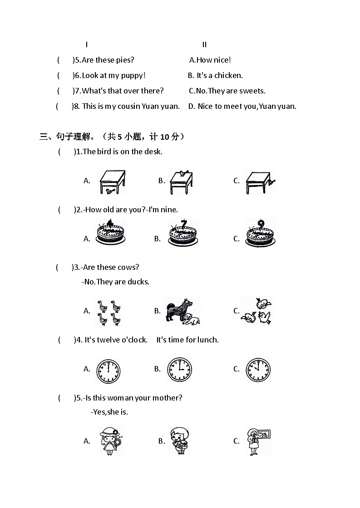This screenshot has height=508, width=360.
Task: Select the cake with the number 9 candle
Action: pyautogui.click(x=260, y=234)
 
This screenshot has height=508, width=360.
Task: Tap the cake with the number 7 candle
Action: pyautogui.click(x=183, y=234)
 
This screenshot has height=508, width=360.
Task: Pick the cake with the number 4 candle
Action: pyautogui.click(x=110, y=234)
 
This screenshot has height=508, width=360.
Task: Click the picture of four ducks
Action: pyautogui.click(x=109, y=312)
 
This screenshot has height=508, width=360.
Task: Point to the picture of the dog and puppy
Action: pyautogui.click(x=182, y=311)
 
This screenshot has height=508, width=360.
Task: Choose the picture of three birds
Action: pyautogui.click(x=256, y=311)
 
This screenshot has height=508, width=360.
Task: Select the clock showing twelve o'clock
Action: pyautogui.click(x=108, y=371)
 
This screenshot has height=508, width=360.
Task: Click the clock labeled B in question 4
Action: pyautogui.click(x=179, y=370)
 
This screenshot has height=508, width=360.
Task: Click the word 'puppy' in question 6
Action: pyautogui.click(x=132, y=76)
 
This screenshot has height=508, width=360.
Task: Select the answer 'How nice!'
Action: pyautogui.click(x=210, y=60)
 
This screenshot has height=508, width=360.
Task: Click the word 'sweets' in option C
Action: pyautogui.click(x=252, y=91)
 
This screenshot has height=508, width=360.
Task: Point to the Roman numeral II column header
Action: pyautogui.click(x=204, y=44)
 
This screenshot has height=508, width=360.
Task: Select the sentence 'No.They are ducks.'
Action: pyautogui.click(x=115, y=282)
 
